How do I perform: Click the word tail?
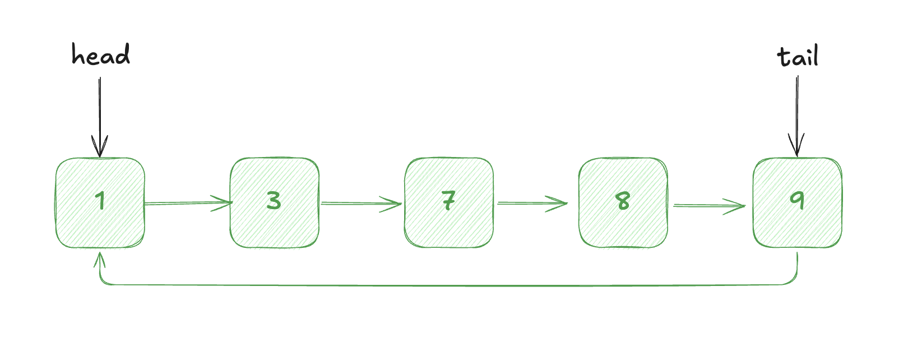pyautogui.click(x=798, y=56)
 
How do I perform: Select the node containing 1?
pyautogui.click(x=100, y=202)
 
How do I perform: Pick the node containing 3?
pyautogui.click(x=275, y=202)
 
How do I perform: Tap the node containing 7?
pyautogui.click(x=449, y=202)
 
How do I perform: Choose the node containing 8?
pyautogui.click(x=623, y=202)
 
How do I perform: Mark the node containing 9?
pyautogui.click(x=798, y=202)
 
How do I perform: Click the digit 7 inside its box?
pyautogui.click(x=448, y=200)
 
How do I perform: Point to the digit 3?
pyautogui.click(x=274, y=200)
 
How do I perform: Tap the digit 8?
pyautogui.click(x=623, y=201)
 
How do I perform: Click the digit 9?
pyautogui.click(x=797, y=200)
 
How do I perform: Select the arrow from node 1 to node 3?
pyautogui.click(x=188, y=202)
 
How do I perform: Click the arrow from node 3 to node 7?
pyautogui.click(x=361, y=204)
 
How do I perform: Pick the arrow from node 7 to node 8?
pyautogui.click(x=532, y=203)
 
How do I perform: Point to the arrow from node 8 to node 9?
pyautogui.click(x=710, y=206)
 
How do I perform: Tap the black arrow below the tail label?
pyautogui.click(x=796, y=116)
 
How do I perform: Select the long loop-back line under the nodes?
pyautogui.click(x=446, y=285)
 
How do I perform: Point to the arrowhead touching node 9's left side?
pyautogui.click(x=734, y=206)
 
